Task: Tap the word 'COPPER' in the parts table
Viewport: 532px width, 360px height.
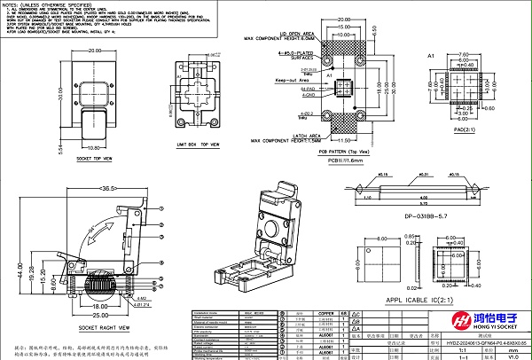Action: [x=301, y=313]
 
